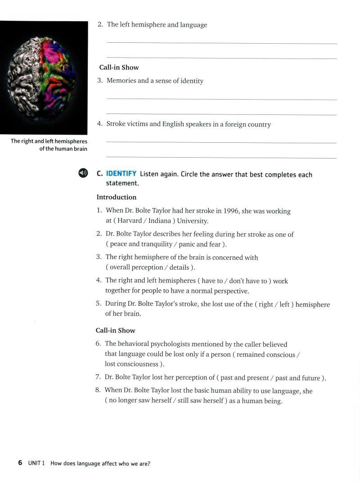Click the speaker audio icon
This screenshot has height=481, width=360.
(x=83, y=173)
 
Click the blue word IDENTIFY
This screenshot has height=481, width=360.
(x=121, y=174)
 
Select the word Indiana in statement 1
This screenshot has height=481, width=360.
(x=159, y=221)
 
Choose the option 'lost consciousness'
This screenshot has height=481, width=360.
(x=132, y=364)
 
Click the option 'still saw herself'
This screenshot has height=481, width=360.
(x=200, y=401)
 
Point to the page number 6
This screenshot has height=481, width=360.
(x=20, y=463)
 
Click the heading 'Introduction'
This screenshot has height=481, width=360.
(x=116, y=197)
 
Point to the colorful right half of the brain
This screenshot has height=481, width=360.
(x=56, y=77)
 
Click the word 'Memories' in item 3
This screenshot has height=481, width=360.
(x=121, y=81)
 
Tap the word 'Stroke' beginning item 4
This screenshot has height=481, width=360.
(x=116, y=124)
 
